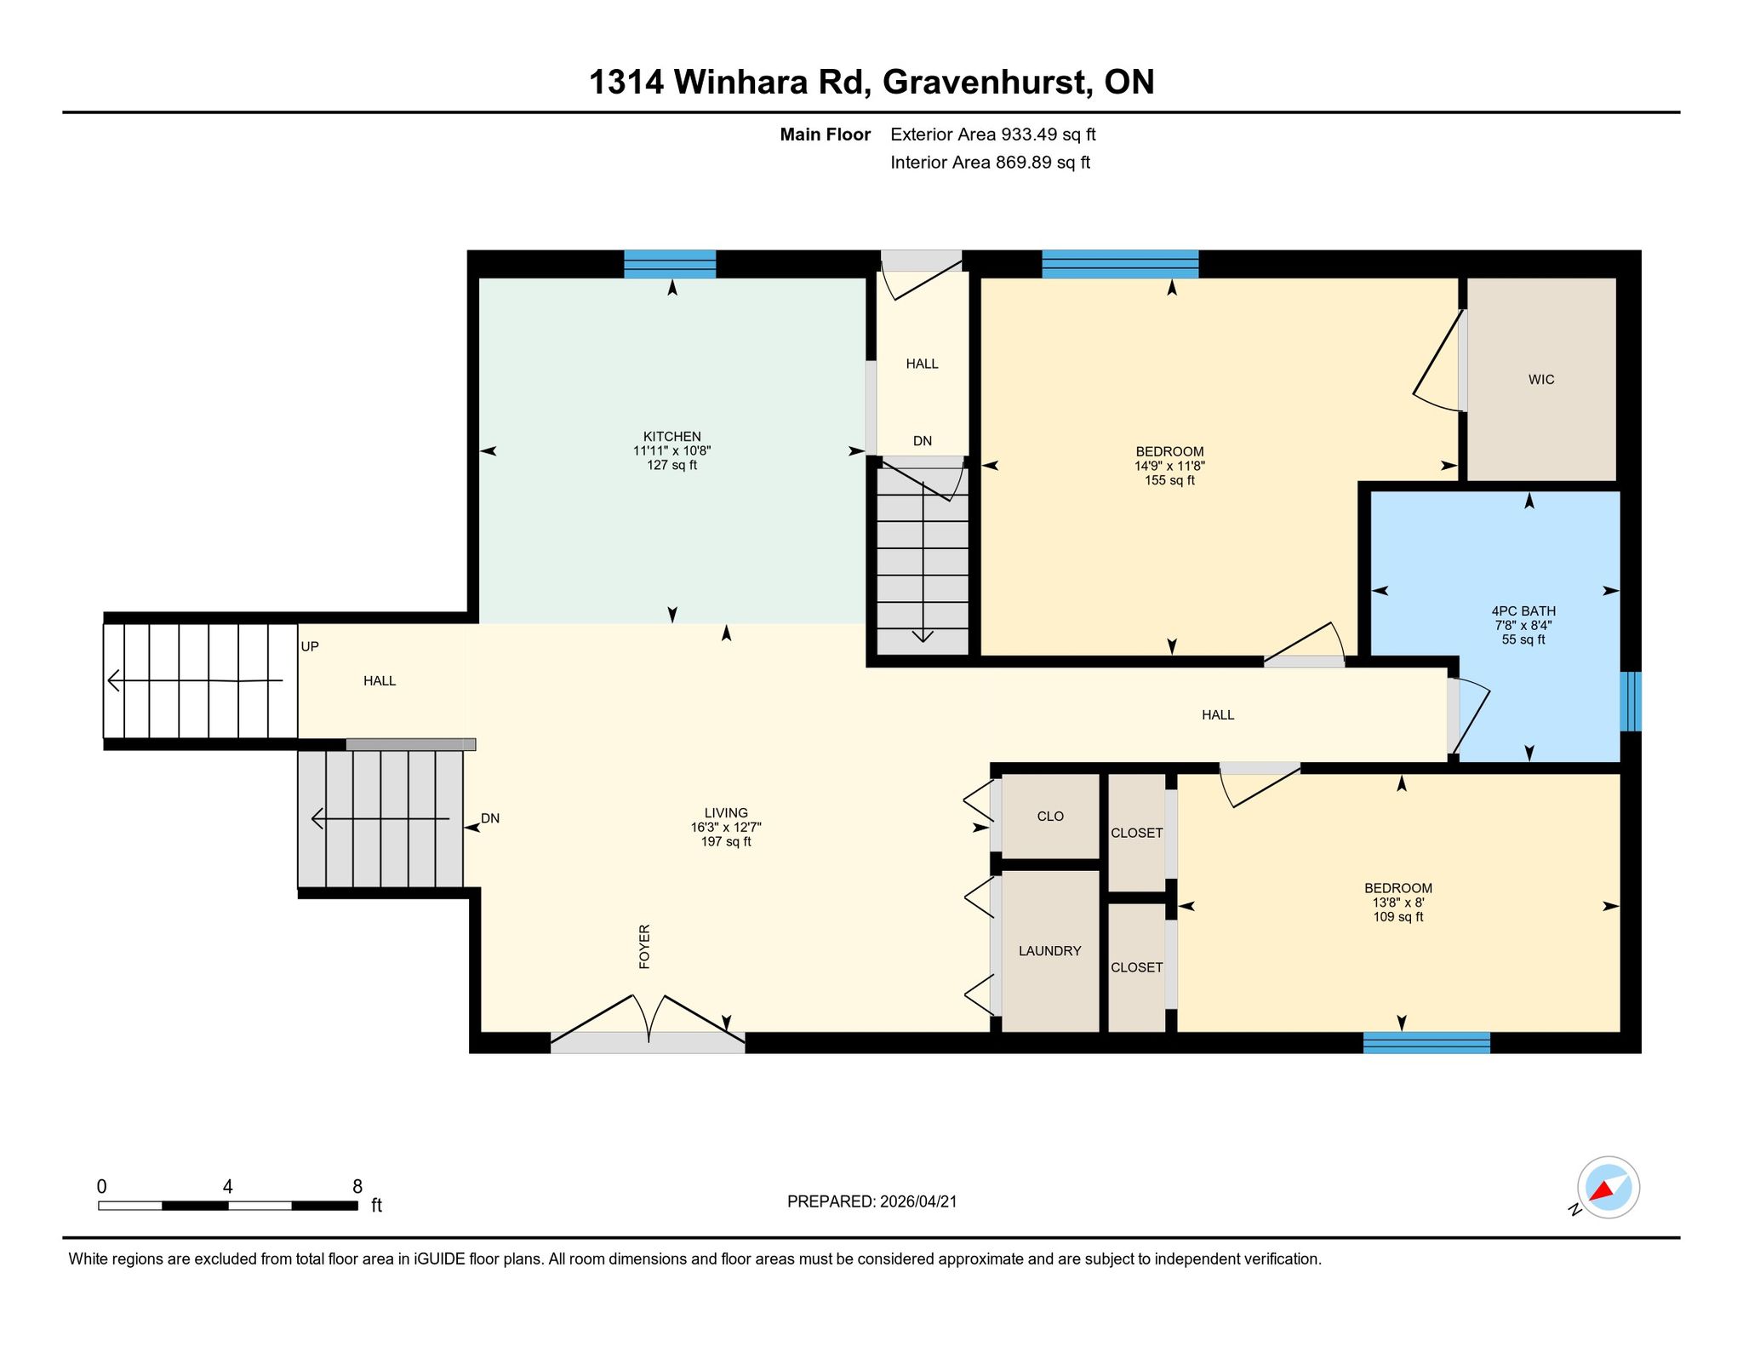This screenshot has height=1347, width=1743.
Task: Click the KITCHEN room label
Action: [x=671, y=437]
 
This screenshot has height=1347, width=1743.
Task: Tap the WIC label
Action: [x=1541, y=380]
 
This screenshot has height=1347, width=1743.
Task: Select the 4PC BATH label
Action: [x=1523, y=610]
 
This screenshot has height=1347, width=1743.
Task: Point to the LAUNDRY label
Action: [x=1049, y=951]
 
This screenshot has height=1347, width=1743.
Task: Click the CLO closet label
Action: [x=1050, y=817]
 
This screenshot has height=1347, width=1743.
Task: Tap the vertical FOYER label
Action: [x=644, y=946]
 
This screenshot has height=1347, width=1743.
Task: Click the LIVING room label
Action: [x=726, y=813]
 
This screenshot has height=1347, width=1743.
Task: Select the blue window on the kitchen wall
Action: [x=670, y=264]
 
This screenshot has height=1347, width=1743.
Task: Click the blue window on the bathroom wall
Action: [x=1631, y=702]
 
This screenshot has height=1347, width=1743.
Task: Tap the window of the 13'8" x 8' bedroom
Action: [x=1426, y=1043]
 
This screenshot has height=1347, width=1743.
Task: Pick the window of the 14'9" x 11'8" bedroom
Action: [x=1120, y=264]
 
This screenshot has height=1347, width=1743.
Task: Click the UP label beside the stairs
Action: [x=310, y=647]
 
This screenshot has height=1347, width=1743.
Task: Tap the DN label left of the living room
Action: [x=490, y=819]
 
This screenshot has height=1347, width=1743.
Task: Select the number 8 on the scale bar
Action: [x=357, y=1187]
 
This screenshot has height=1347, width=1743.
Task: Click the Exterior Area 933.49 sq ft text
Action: [x=993, y=135]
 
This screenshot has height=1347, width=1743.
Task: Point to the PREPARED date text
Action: [x=872, y=1202]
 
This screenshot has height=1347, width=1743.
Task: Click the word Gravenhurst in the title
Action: [x=987, y=83]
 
